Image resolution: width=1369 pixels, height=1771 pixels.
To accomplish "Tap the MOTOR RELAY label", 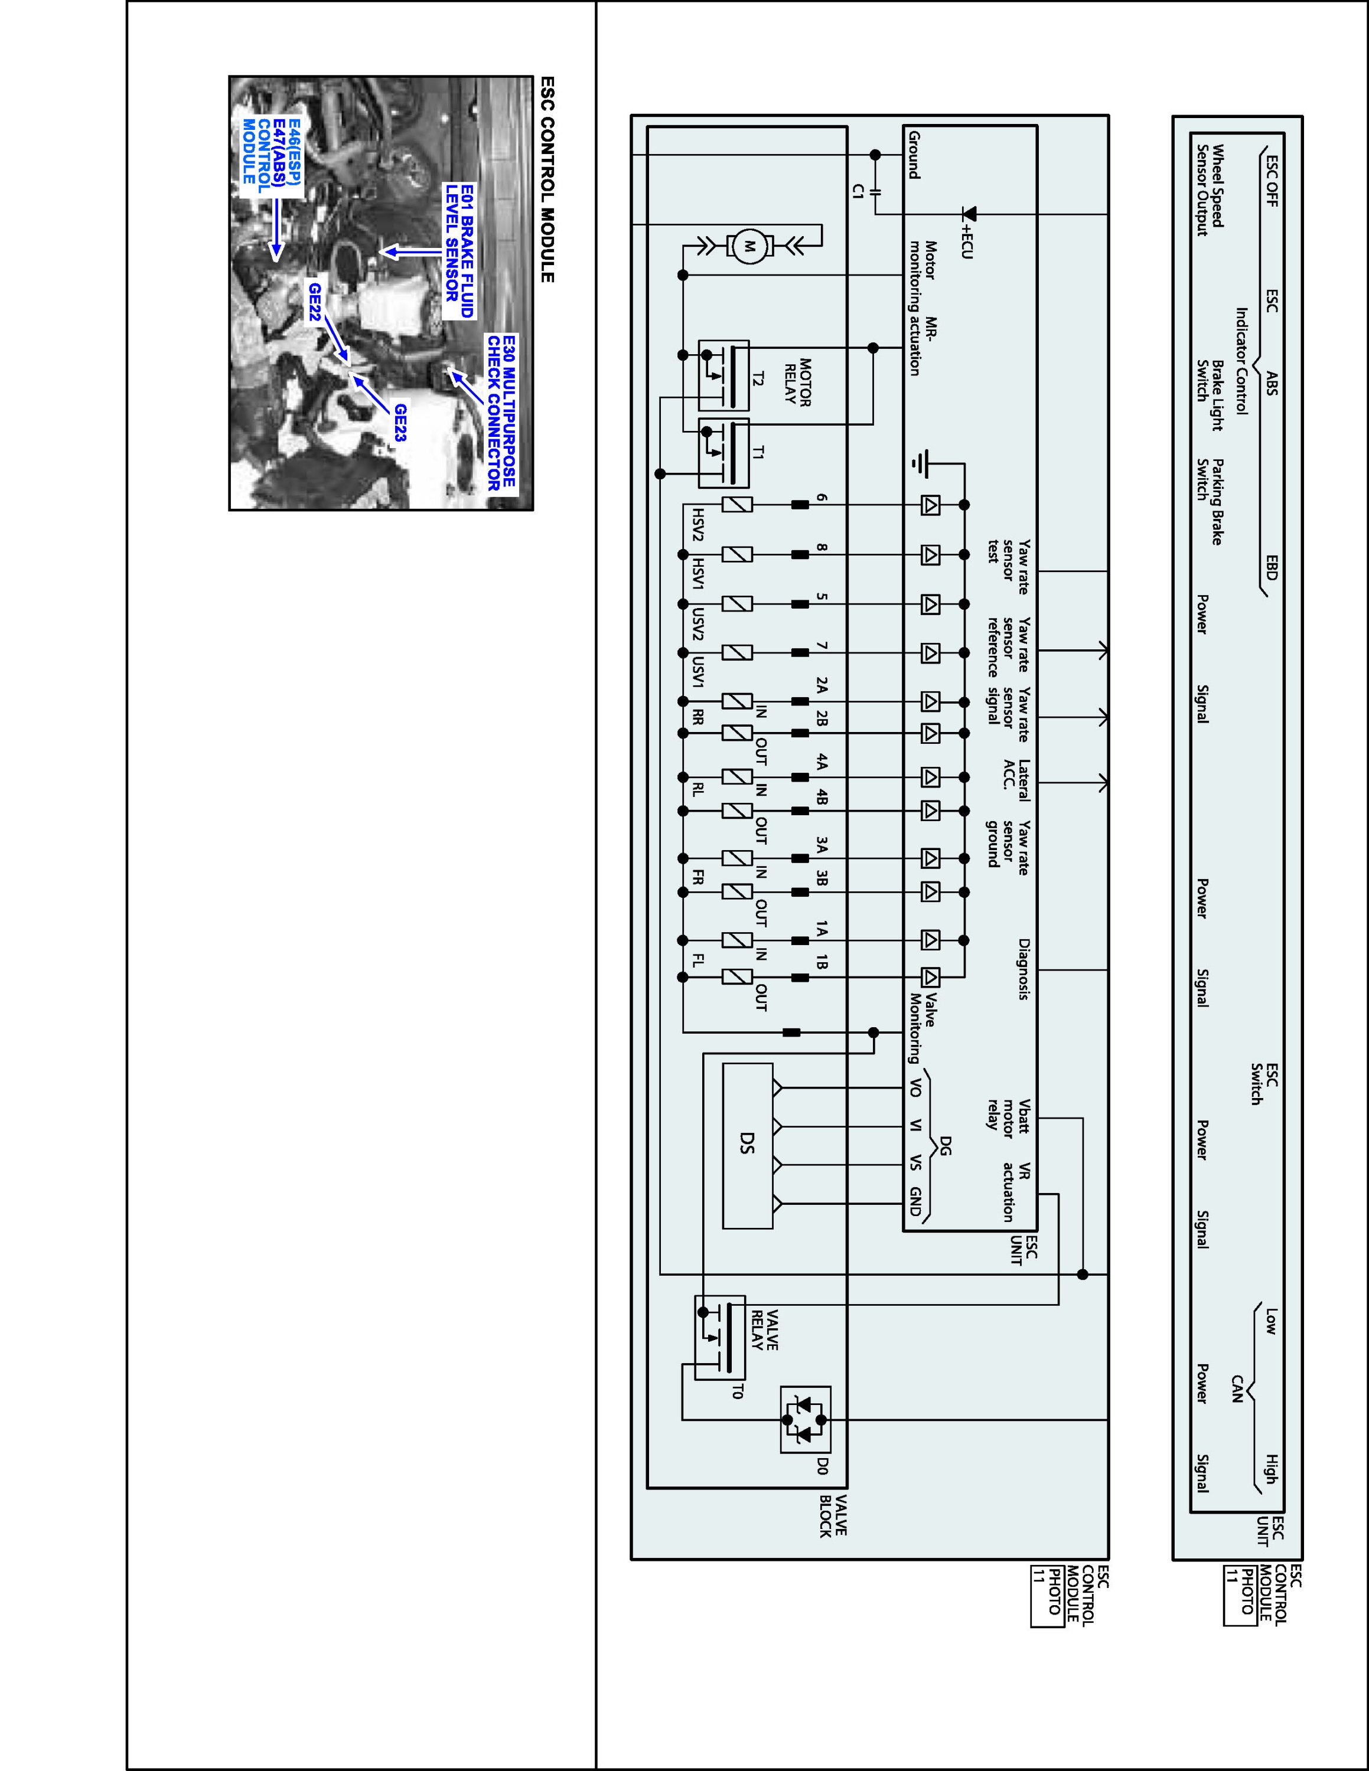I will click(x=798, y=383).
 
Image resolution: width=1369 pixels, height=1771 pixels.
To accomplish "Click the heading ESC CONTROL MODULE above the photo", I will click(x=547, y=179).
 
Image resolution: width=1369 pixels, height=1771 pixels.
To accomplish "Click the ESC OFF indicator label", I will click(x=1271, y=180).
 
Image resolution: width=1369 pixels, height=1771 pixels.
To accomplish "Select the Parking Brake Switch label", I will click(x=1210, y=501).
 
